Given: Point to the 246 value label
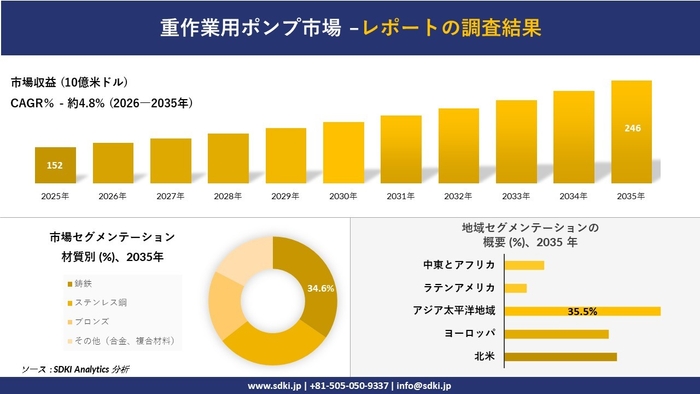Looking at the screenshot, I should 632,129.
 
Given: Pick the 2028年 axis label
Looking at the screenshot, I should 228,196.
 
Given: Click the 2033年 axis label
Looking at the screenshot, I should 516,196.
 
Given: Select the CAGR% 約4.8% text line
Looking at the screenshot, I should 102,102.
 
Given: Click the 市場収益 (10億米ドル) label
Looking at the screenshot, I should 70,82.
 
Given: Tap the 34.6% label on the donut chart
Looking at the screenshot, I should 320,288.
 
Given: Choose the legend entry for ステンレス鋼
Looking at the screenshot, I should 96,303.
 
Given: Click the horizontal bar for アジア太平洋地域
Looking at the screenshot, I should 582,311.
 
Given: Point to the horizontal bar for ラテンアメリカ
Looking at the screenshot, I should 516,288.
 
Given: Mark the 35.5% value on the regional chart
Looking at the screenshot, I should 582,311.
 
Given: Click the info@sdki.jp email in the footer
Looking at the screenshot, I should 426,384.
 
